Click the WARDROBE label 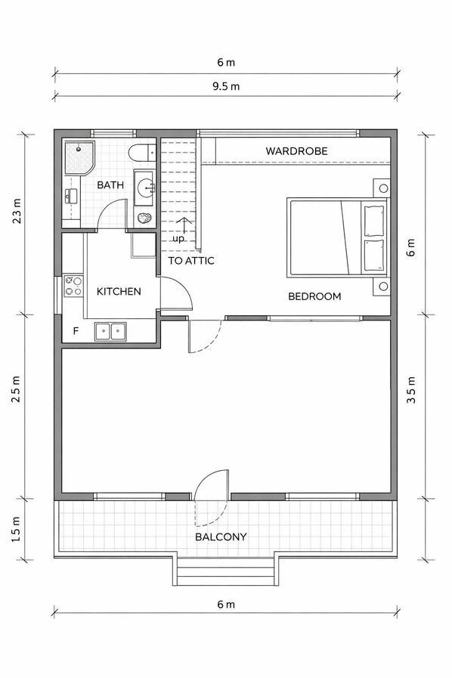click(296, 151)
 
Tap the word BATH click(110, 185)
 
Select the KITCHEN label click(119, 292)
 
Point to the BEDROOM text click(314, 296)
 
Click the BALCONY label click(221, 537)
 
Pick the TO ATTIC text click(191, 261)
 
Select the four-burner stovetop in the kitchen click(73, 286)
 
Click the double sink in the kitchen click(110, 332)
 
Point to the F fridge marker click(76, 331)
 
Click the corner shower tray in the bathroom click(79, 158)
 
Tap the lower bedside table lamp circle click(383, 286)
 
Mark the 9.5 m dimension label click(226, 86)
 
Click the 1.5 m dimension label click(16, 529)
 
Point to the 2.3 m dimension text click(16, 211)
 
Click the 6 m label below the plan click(226, 604)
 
